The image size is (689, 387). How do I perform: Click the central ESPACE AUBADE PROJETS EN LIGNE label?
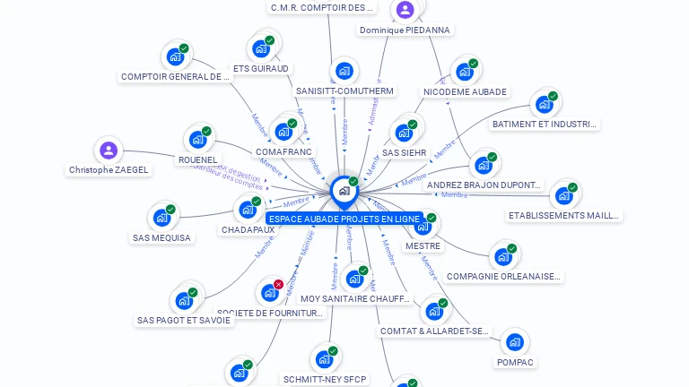(344, 219)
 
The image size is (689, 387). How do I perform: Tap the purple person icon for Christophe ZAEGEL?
(109, 150)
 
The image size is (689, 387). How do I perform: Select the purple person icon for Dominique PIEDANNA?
(405, 10)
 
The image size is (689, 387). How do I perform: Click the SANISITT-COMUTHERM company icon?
(344, 72)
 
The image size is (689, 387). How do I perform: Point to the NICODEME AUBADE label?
(465, 91)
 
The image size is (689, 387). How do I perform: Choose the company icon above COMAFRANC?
(283, 132)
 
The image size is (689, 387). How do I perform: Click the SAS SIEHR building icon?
(404, 133)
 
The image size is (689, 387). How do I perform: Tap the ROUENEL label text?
(197, 159)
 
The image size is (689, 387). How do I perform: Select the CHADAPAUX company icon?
(248, 210)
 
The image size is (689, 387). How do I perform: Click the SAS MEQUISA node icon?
(161, 218)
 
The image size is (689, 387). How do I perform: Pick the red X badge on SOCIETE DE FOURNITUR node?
(278, 285)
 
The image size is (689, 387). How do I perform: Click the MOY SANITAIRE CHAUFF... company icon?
(354, 279)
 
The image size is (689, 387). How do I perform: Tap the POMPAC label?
(515, 362)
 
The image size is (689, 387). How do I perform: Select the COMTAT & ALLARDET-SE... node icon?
(435, 311)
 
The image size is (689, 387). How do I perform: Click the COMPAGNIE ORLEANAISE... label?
(503, 276)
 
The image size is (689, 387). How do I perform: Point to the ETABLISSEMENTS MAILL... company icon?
(563, 195)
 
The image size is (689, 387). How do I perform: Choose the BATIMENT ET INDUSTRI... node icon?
(544, 104)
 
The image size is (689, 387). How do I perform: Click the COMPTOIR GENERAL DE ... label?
(176, 77)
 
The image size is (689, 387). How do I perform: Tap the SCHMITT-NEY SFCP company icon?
(324, 360)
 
